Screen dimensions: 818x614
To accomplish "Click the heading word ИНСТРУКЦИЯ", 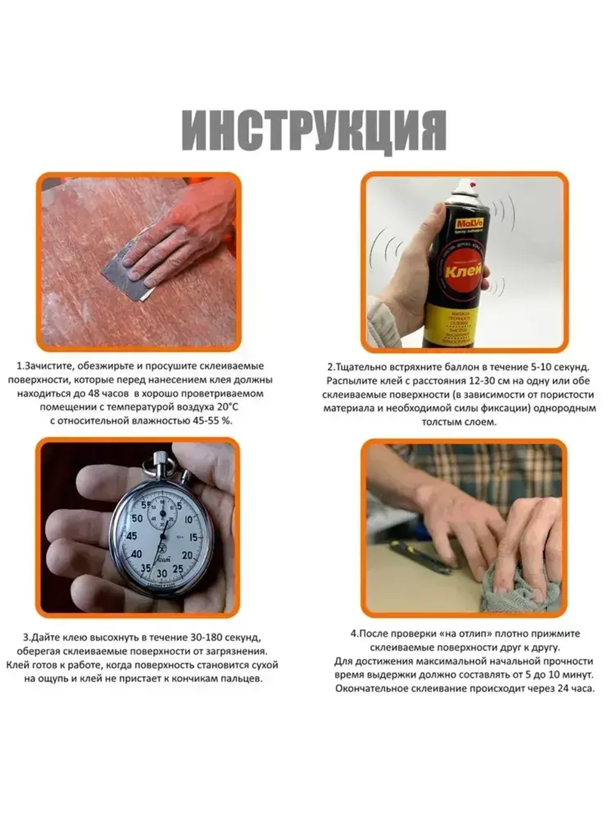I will pyautogui.click(x=314, y=131).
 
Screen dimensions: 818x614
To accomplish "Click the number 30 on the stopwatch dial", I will pyautogui.click(x=161, y=573).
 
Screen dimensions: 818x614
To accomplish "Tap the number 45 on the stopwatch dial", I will pyautogui.click(x=131, y=536).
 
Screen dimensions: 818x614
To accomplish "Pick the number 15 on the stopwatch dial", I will pyautogui.click(x=193, y=538).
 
